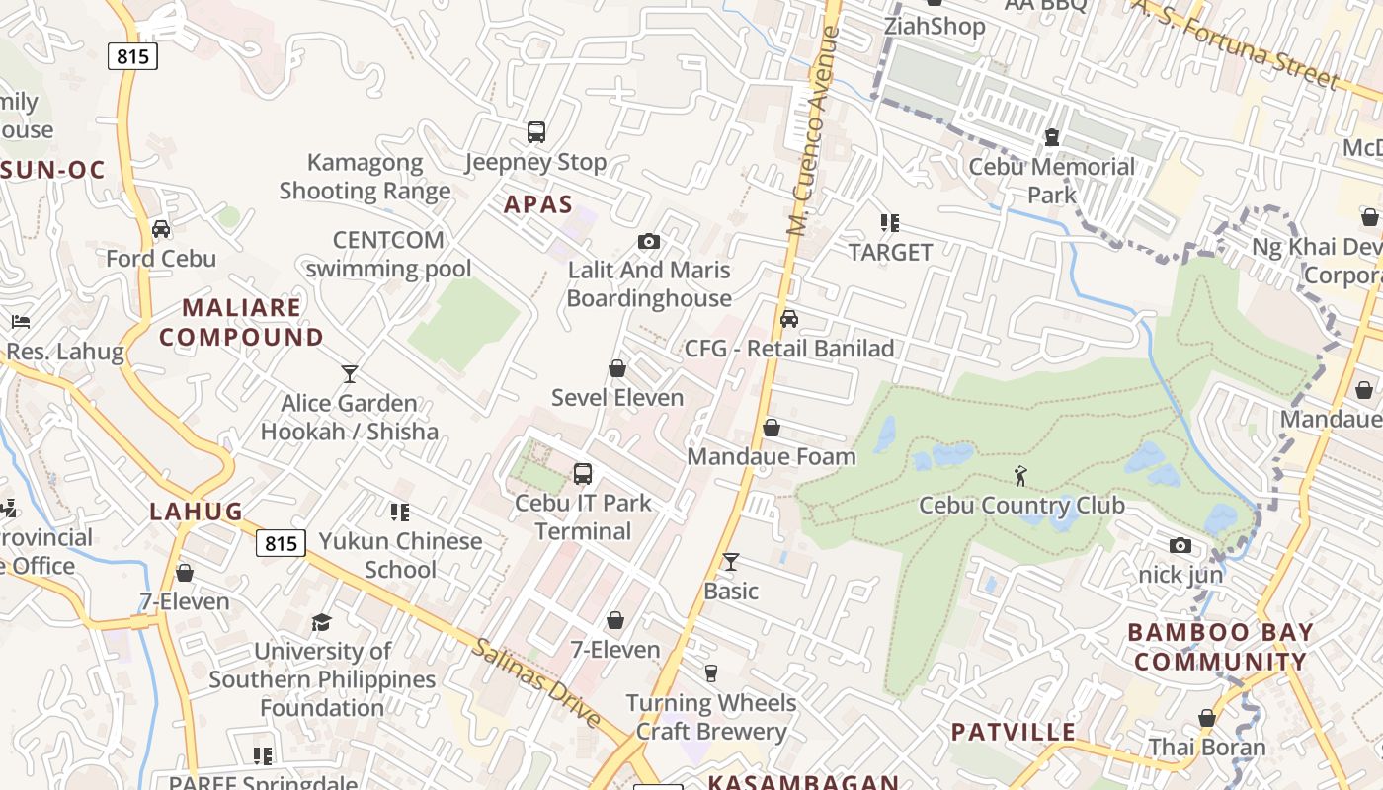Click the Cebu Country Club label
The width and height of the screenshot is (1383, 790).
(x=1021, y=506)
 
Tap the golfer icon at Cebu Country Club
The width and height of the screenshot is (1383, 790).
(x=1021, y=477)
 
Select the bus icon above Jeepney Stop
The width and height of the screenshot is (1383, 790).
(x=536, y=132)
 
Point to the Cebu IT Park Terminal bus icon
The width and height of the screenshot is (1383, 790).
(x=583, y=474)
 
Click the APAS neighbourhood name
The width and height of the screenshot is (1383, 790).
(x=538, y=204)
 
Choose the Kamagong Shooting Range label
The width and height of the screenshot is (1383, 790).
(x=365, y=177)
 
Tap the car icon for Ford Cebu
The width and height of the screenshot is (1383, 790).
(x=161, y=229)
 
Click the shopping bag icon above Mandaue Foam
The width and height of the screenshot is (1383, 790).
(x=772, y=428)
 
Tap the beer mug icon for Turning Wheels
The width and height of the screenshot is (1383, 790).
(x=710, y=673)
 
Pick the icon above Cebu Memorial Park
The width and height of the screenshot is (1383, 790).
(x=1052, y=137)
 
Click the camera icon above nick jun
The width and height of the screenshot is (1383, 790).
(x=1180, y=545)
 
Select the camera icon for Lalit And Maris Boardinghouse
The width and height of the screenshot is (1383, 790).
(x=649, y=241)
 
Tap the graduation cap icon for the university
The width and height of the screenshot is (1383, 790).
(x=322, y=622)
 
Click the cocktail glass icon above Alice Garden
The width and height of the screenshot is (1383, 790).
(x=349, y=373)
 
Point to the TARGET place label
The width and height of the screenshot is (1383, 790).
(x=890, y=253)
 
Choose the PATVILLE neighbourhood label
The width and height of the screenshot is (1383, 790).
(x=1013, y=732)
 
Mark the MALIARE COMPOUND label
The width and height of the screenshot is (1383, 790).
(x=241, y=322)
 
